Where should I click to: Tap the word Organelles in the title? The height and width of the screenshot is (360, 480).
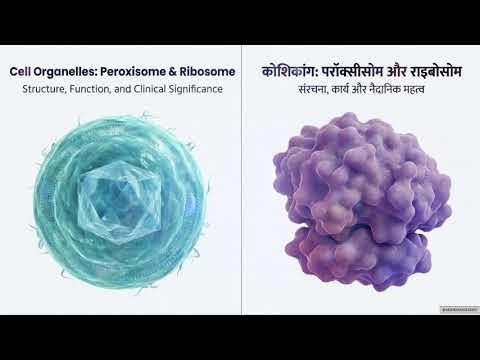coord(65,72)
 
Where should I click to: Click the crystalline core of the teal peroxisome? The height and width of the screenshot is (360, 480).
coord(118,190)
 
